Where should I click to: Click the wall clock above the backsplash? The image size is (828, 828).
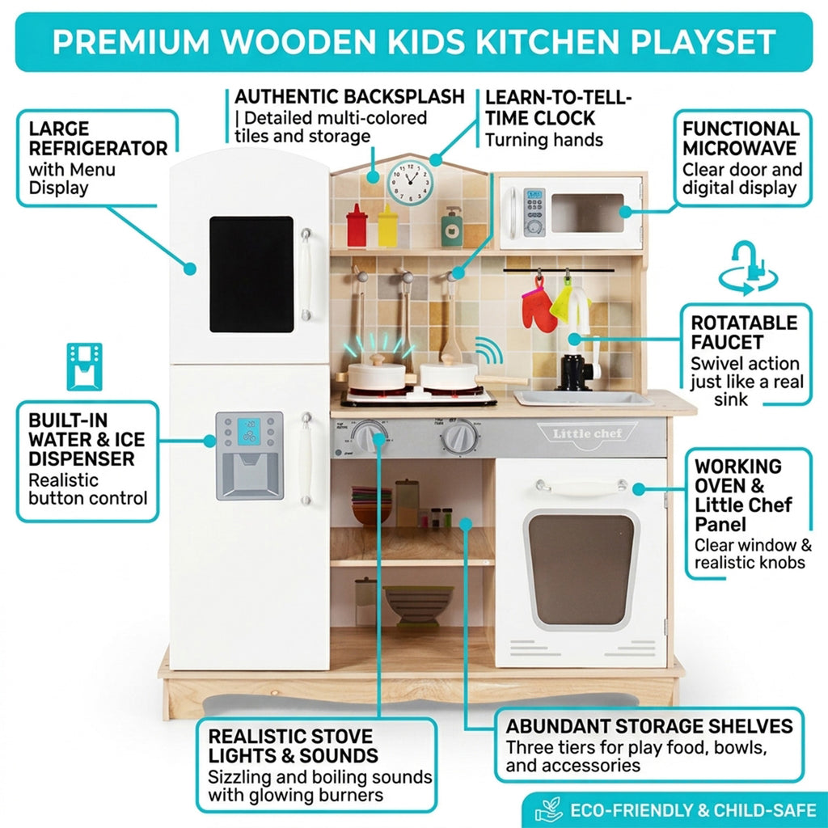tap(410, 182)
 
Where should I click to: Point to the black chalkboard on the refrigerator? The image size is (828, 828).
tap(251, 274)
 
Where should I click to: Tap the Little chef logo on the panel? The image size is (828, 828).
tap(587, 434)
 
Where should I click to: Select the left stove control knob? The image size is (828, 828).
tap(370, 437)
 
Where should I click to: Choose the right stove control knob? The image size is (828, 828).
tap(460, 437)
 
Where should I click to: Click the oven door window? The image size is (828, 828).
tap(581, 570)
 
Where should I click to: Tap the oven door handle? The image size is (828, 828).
tap(581, 488)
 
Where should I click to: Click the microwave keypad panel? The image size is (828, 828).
tap(534, 212)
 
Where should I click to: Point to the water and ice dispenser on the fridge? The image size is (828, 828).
tap(249, 456)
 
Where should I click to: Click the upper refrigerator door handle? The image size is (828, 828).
tap(306, 274)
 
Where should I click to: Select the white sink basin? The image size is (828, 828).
tap(582, 398)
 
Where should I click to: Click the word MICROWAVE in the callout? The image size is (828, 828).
tap(739, 149)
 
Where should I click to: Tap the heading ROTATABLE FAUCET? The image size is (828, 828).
tap(744, 332)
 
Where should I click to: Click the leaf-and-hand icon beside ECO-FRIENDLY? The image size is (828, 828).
tap(549, 809)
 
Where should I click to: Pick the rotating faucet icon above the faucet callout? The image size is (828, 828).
tap(748, 268)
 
